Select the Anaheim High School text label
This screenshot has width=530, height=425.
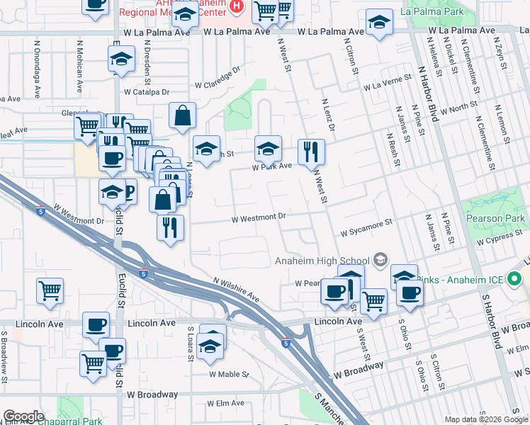click(x=322, y=260)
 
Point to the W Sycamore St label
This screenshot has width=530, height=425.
click(x=366, y=226)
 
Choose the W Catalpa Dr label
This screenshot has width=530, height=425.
click(x=147, y=92)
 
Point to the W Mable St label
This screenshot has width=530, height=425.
click(x=227, y=374)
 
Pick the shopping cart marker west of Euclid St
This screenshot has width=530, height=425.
click(x=50, y=290)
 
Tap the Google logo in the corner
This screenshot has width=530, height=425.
click(x=23, y=416)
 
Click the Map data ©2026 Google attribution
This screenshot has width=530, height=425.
click(x=486, y=419)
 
